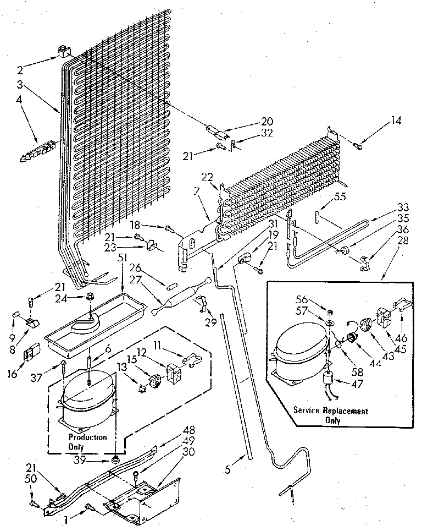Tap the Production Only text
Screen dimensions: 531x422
(x=88, y=441)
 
